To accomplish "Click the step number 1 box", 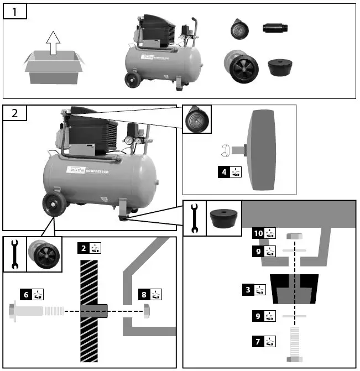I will pos(14,12).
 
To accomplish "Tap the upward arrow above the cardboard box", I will pos(53,43).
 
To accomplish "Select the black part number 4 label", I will pos(224,172).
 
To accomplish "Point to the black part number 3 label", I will pos(248,289).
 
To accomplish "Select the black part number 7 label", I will pos(258,341).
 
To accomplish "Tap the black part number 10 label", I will pos(258,233).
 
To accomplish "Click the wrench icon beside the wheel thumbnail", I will pos(14,255).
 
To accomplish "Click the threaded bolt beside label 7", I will pos(294,343).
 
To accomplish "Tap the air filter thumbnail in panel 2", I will pos(196,119).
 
